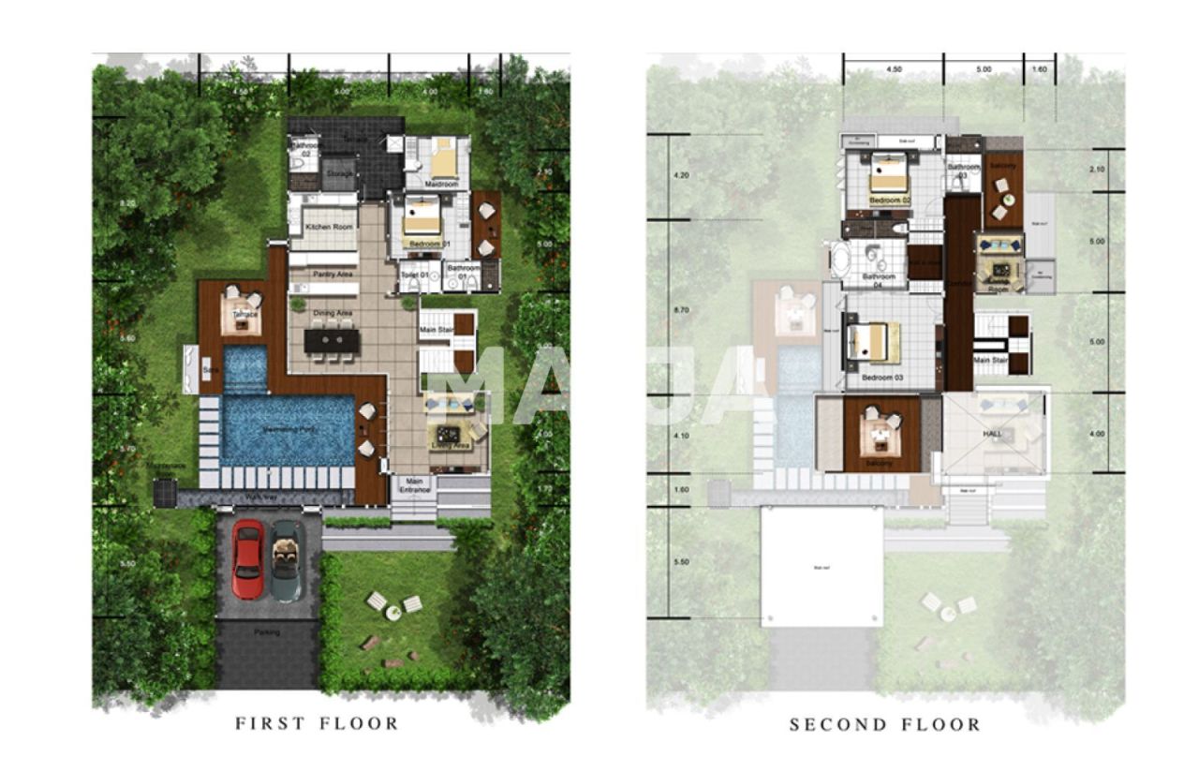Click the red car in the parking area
point(247,559)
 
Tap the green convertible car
point(287,560)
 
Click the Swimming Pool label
point(287,428)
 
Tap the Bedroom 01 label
point(430,244)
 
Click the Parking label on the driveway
point(268,631)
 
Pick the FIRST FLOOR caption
point(317,723)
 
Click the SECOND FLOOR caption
point(885,724)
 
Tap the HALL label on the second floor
point(992,435)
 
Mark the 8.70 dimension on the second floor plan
point(682,309)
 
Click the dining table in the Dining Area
point(332,340)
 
